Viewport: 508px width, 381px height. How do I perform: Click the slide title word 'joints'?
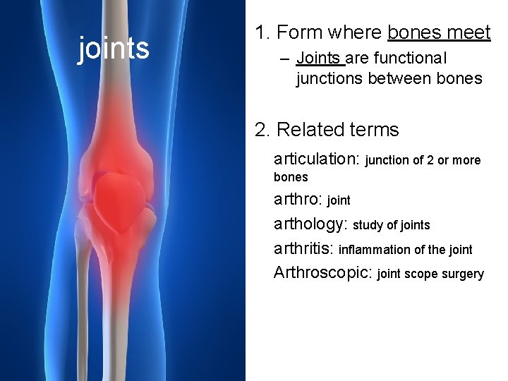[113, 49]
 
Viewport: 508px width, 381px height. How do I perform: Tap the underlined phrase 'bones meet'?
[439, 32]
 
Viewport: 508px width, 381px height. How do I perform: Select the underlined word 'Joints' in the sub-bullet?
[319, 58]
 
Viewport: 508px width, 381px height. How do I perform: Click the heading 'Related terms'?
[338, 130]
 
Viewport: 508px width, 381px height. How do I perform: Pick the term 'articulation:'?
[317, 159]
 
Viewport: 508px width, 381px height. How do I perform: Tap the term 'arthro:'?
[298, 200]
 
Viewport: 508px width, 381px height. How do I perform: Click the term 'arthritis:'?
[304, 249]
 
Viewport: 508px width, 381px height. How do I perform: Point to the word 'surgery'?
[462, 274]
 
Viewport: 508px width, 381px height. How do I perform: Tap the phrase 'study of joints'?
[392, 225]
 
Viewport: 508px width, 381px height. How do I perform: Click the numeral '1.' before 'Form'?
[262, 32]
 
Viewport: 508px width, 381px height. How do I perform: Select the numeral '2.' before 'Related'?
[262, 130]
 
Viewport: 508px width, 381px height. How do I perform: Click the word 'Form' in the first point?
[296, 32]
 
